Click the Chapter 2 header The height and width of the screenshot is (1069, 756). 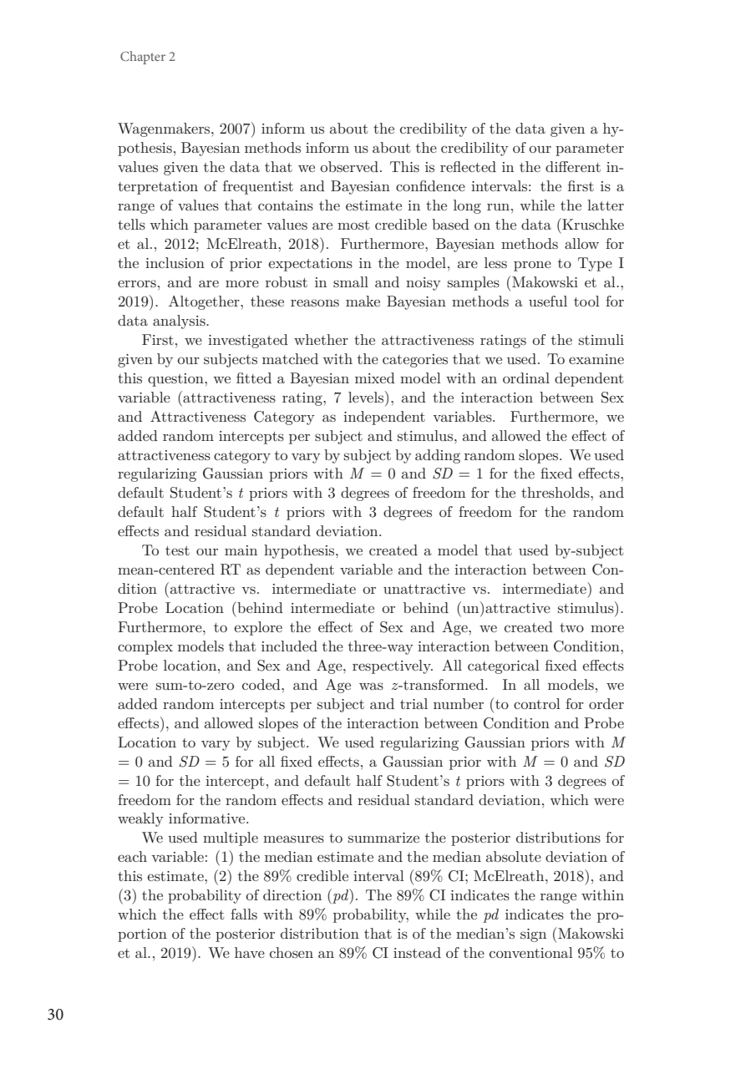coord(148,58)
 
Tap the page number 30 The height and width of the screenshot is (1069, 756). coord(55,1016)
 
